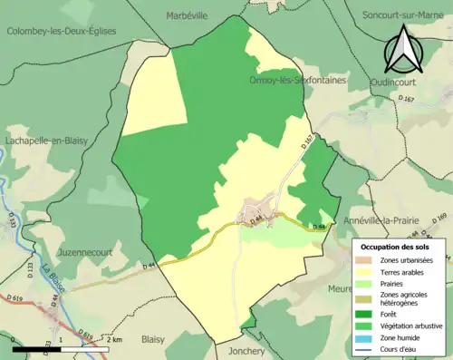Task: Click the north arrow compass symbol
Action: (x=403, y=49)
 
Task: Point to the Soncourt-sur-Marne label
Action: (x=405, y=15)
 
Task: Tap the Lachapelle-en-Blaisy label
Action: (x=51, y=141)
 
